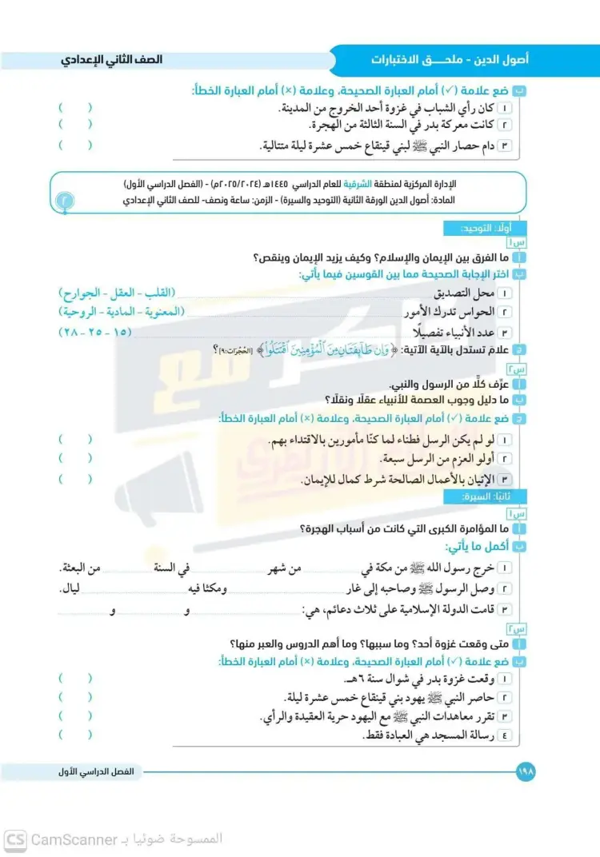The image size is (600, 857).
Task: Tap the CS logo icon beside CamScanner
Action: tap(15, 840)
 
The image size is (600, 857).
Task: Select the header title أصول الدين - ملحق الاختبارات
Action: tap(449, 61)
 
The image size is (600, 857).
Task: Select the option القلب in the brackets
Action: tap(157, 293)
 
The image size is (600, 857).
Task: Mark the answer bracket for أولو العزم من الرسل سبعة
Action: tap(74, 459)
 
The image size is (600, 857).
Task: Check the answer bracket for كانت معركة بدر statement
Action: tap(74, 125)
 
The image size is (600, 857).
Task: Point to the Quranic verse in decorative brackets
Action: tap(321, 349)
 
